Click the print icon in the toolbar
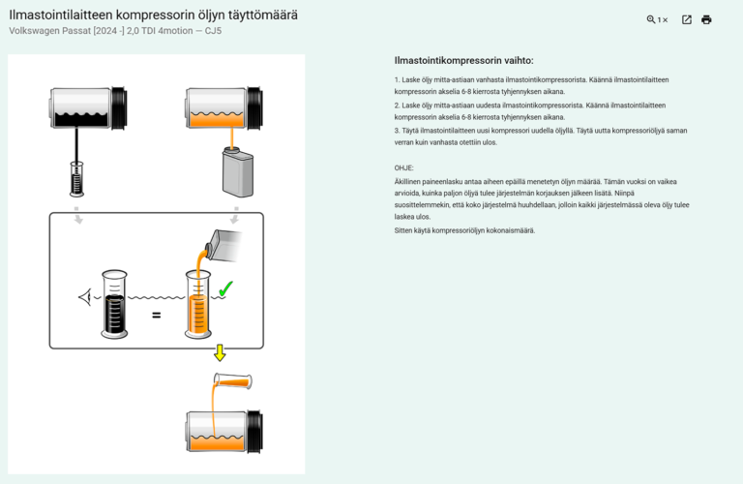[x=706, y=19]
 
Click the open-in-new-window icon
[x=687, y=19]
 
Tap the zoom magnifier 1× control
[x=657, y=19]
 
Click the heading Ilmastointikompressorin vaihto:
[x=463, y=60]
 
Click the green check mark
[x=224, y=288]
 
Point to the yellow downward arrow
[x=220, y=352]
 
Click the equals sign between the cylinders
[x=156, y=315]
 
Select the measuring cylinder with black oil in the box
[x=114, y=305]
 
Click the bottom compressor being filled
[x=223, y=431]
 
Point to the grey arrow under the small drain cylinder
[x=78, y=217]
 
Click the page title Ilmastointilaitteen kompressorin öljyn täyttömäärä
[x=153, y=15]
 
